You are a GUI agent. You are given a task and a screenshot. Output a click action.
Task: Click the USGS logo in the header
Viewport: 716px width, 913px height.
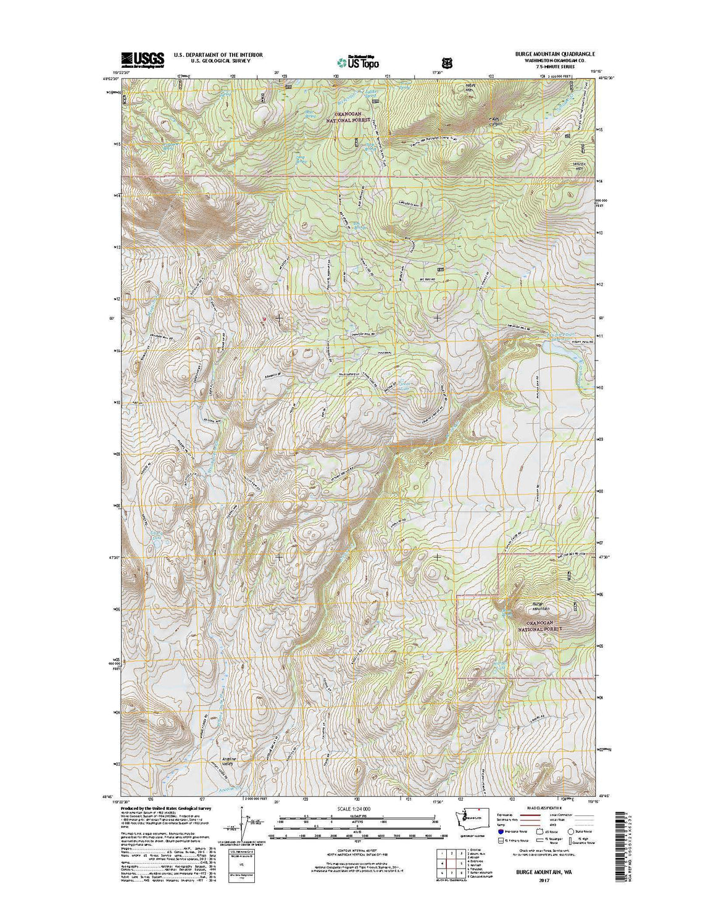click(x=143, y=59)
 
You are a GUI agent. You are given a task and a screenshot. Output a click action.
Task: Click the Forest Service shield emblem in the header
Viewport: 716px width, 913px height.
click(x=446, y=62)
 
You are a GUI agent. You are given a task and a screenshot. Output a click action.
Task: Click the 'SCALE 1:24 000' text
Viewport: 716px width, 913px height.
click(x=357, y=808)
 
